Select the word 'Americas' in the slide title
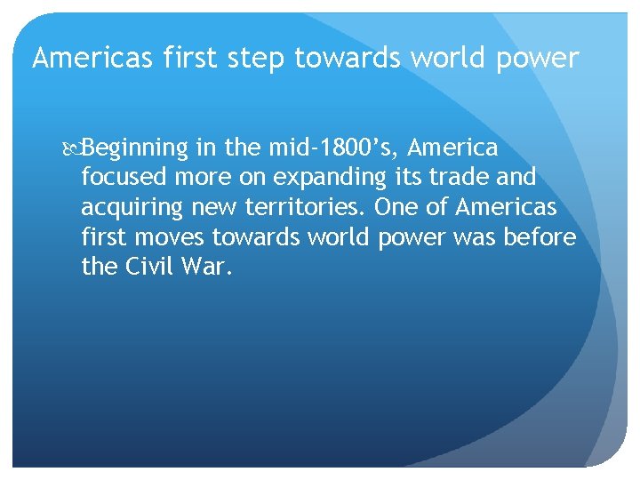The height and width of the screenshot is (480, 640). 83,59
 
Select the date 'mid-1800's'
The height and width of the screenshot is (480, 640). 334,147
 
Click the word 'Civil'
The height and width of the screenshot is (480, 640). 148,267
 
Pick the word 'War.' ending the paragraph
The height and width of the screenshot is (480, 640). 208,267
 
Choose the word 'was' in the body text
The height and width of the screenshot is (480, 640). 481,237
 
